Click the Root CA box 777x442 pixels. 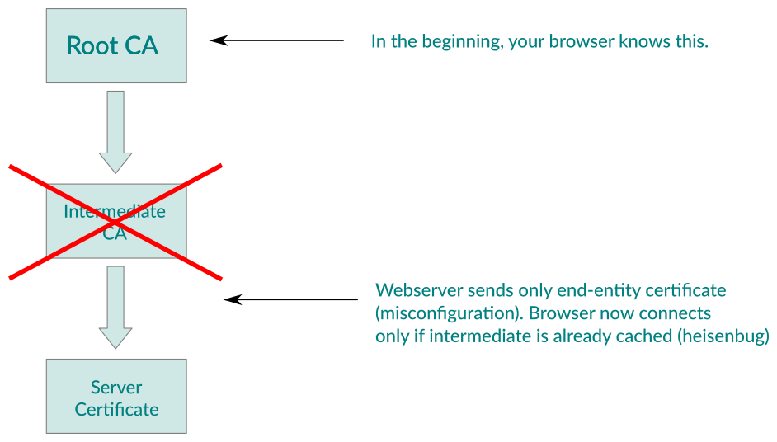tap(116, 46)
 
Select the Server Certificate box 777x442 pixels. tap(116, 397)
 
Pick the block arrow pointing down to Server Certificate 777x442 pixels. tap(115, 306)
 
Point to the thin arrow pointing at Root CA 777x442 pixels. tap(276, 40)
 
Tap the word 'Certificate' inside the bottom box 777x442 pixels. tap(116, 409)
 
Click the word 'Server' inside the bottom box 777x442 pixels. tap(116, 387)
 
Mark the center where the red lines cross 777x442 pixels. tap(115, 222)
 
